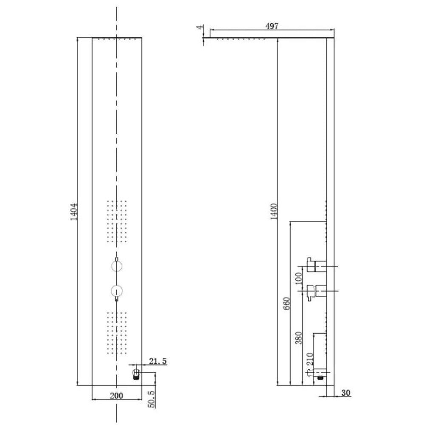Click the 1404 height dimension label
click(73, 211)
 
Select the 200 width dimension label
click(116, 395)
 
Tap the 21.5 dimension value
click(158, 361)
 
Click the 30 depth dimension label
click(345, 393)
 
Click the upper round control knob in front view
click(116, 266)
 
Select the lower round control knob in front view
click(116, 291)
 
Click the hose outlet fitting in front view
click(136, 374)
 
